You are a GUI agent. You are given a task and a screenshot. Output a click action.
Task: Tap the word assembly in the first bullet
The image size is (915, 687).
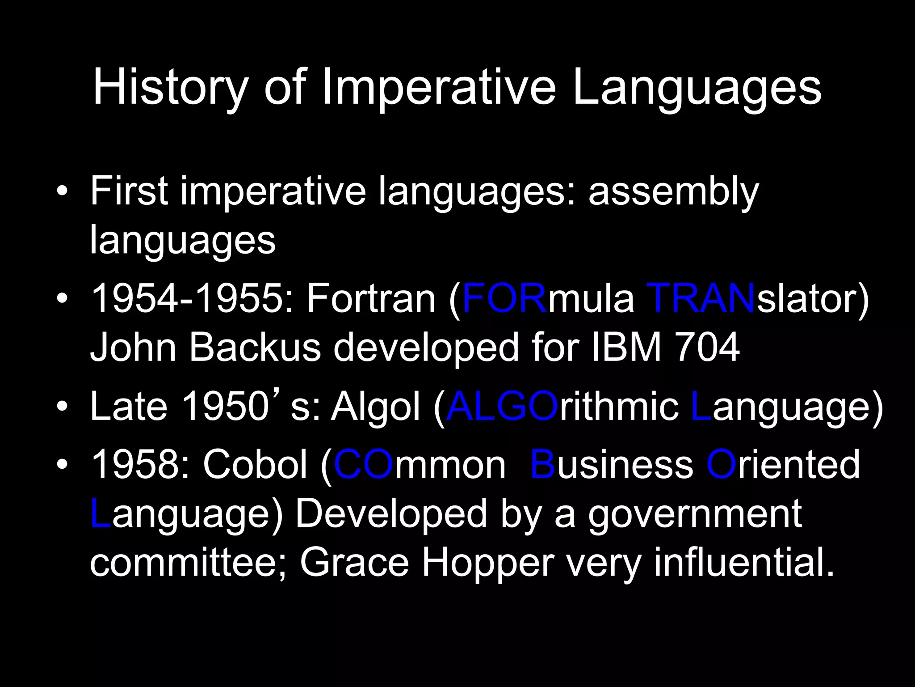673,191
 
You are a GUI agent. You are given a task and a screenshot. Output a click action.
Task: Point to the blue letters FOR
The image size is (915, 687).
504,299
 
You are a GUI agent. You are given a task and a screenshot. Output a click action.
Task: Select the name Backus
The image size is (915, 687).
255,348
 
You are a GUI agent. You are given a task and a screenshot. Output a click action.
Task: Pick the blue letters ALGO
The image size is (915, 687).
502,407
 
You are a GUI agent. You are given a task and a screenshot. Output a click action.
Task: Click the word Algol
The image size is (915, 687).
375,407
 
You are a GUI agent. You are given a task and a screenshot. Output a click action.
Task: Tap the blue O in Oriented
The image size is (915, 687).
721,465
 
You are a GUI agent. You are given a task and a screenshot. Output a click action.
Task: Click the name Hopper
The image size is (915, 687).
488,563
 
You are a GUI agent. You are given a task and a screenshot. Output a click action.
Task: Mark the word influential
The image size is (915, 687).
744,563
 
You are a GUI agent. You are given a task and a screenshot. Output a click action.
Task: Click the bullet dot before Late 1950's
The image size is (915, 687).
63,407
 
